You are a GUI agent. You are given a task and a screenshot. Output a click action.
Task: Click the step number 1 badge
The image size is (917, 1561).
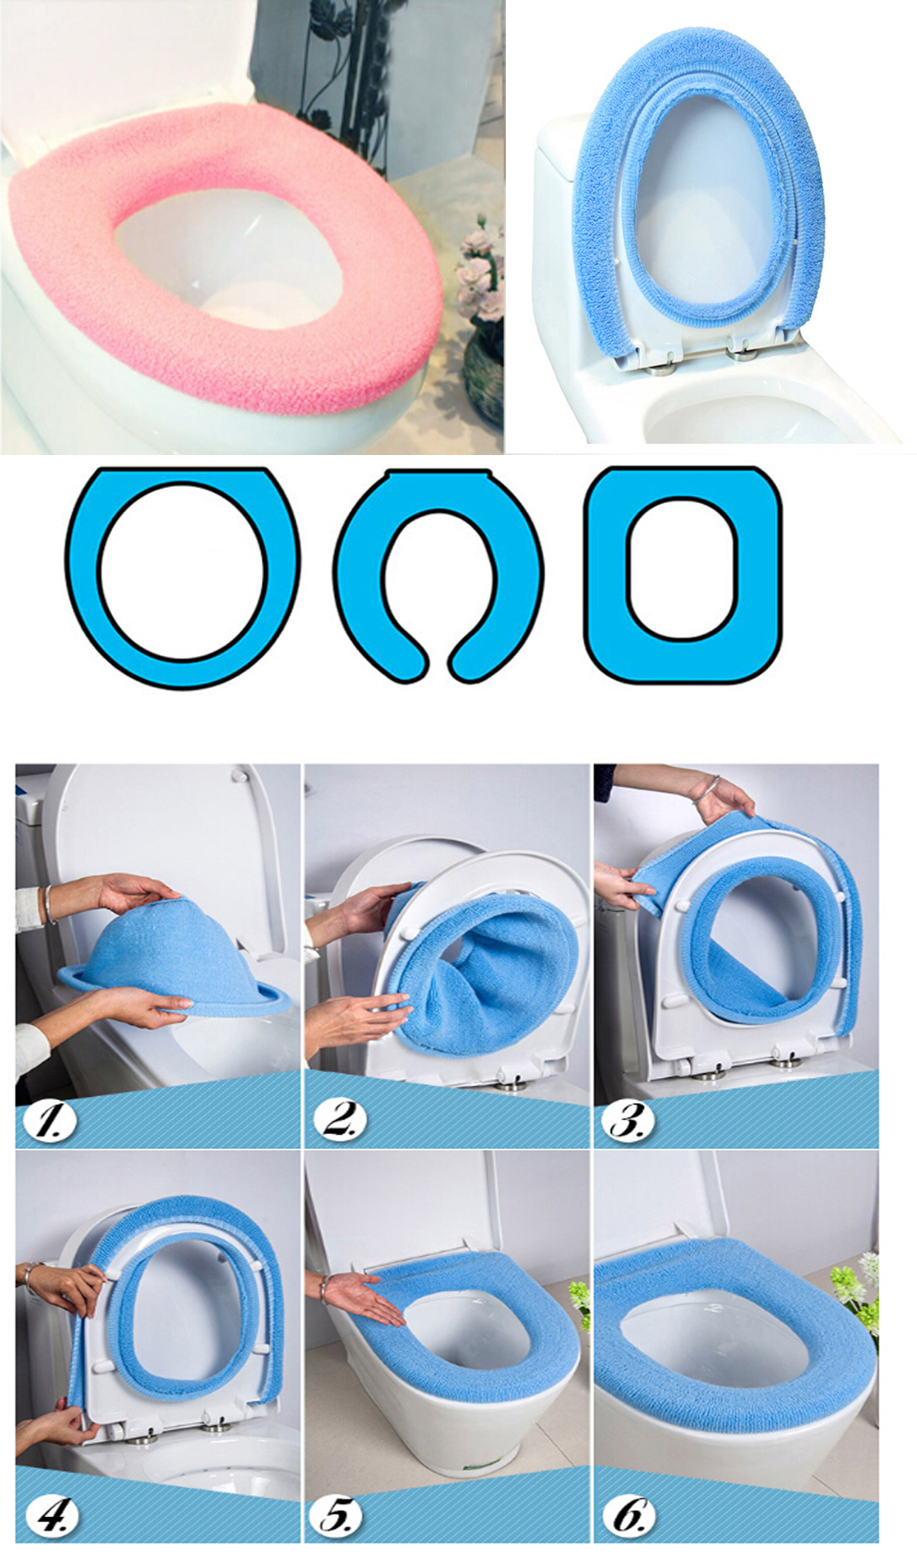click(x=49, y=1120)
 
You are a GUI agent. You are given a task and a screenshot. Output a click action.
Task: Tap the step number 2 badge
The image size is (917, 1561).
click(x=339, y=1120)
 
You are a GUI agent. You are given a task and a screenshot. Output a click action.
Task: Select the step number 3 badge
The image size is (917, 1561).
click(x=627, y=1120)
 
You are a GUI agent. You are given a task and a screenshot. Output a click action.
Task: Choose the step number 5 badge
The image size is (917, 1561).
click(x=339, y=1515)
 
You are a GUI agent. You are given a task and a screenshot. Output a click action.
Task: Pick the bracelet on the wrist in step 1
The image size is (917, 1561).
click(x=49, y=903)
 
